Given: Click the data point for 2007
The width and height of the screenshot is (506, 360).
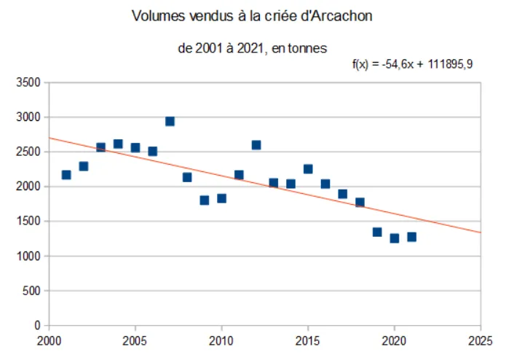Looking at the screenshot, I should click(x=170, y=122).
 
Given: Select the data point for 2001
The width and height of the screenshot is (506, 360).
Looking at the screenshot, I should click(x=66, y=175).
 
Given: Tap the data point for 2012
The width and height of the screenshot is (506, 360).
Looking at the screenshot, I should click(x=256, y=145).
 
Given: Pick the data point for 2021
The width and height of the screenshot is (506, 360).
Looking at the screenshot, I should click(x=411, y=237).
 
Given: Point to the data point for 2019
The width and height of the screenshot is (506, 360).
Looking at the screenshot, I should click(x=377, y=232).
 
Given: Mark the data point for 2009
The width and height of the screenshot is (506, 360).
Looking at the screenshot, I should click(x=205, y=200).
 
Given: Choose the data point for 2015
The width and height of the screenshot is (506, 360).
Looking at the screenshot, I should click(x=308, y=169).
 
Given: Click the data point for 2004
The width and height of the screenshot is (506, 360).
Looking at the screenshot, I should click(x=118, y=144).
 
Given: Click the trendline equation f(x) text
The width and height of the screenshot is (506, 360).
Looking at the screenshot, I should click(x=413, y=64).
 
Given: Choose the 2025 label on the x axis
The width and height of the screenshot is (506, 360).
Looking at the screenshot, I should click(x=481, y=340).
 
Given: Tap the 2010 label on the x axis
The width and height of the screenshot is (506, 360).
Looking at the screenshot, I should click(x=222, y=340).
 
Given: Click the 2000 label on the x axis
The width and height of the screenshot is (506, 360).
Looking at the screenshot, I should click(x=49, y=340).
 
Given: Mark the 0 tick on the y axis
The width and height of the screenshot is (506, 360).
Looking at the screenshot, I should click(x=36, y=325).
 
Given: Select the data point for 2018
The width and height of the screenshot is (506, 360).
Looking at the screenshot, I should click(x=360, y=203).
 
